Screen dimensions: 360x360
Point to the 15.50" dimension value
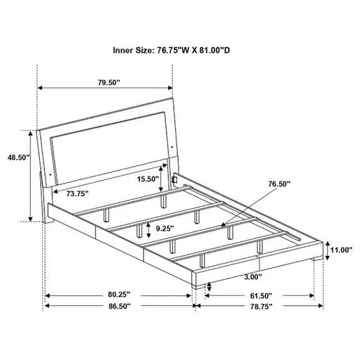tap(148, 179)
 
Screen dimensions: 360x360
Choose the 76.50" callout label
tap(278, 184)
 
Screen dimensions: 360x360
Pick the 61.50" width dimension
tap(259, 295)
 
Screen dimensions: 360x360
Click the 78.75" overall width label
tap(259, 307)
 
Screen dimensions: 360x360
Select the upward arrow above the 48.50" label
tap(30, 131)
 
